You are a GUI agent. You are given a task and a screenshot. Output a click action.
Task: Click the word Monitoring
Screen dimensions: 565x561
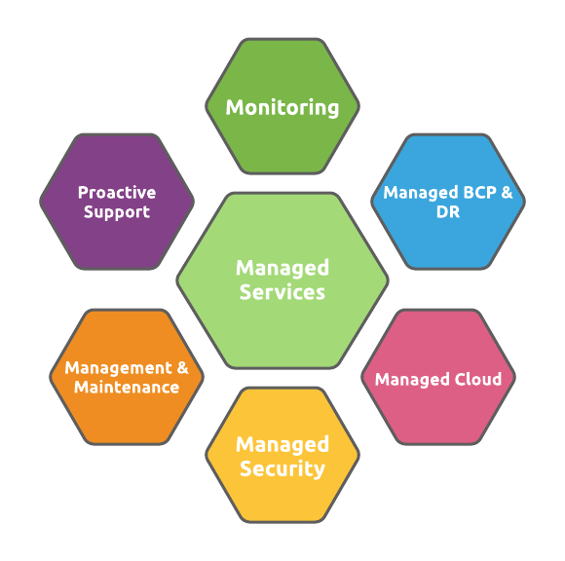pos(282,108)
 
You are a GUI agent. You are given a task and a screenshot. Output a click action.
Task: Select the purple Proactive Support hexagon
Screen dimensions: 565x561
pos(117,202)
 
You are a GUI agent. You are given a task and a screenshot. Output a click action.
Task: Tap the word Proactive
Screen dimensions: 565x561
pos(117,193)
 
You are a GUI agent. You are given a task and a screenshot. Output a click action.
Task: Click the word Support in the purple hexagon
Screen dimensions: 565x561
pos(117,212)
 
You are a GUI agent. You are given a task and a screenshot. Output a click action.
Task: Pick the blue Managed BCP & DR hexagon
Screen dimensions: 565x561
pos(448,202)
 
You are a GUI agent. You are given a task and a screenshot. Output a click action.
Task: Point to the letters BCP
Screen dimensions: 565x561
pos(479,193)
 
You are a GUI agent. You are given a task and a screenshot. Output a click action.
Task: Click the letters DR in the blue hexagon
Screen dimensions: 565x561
pos(448,212)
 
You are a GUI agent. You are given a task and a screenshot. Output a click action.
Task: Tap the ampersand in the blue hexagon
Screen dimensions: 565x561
pos(507,193)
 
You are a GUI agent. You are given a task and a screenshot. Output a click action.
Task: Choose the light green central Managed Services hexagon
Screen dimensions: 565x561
pos(282,280)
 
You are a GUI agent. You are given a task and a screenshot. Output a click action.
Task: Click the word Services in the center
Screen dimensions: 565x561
pos(282,292)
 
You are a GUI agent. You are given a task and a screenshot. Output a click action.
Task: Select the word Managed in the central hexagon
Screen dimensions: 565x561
pos(282,269)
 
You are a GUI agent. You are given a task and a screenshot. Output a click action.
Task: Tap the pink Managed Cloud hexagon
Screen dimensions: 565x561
pos(438,377)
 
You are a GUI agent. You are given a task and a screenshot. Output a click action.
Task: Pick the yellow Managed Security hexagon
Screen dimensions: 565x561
pos(282,455)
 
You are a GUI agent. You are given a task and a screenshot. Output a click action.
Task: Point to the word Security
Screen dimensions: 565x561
pos(282,469)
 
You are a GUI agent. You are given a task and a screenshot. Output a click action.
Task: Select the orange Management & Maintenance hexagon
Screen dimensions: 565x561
pos(127,377)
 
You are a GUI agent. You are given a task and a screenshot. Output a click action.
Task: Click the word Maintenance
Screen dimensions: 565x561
pos(127,388)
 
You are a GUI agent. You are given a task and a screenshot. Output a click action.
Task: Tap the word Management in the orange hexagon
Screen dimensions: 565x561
pos(119,368)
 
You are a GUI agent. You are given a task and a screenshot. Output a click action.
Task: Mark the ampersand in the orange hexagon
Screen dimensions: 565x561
pos(183,368)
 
